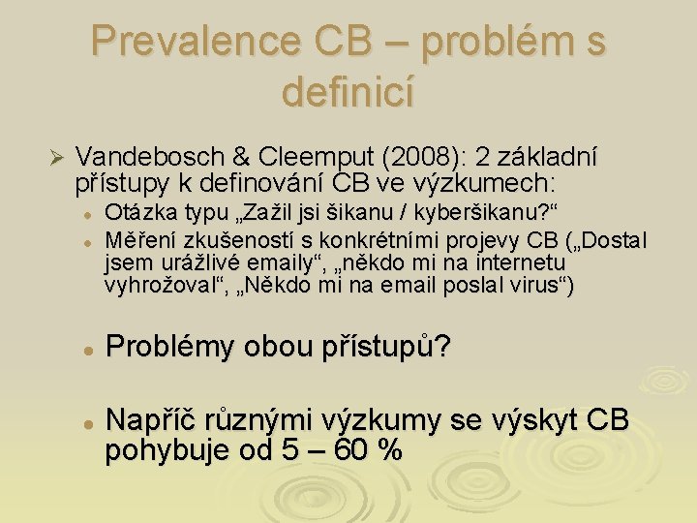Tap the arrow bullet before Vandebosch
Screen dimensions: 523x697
(55, 158)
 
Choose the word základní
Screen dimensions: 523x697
(551, 157)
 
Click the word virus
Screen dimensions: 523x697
(530, 286)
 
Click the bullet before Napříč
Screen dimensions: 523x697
(86, 423)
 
